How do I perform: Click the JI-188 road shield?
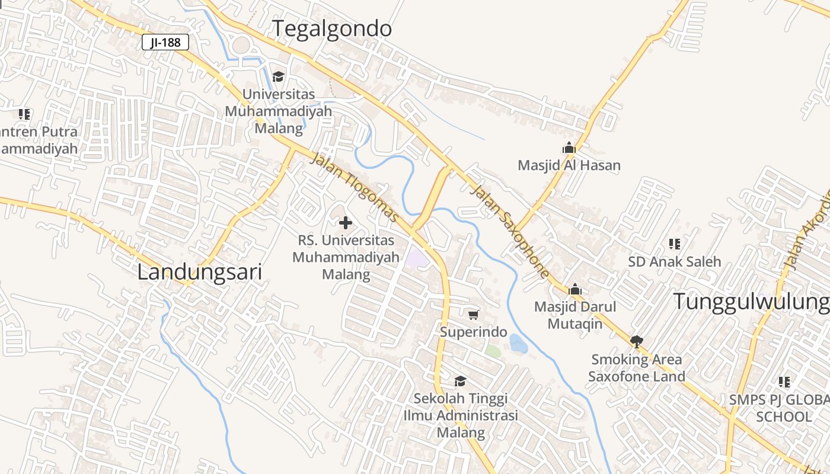tap(165, 42)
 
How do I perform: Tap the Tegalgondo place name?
tap(332, 28)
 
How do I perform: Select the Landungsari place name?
tap(199, 273)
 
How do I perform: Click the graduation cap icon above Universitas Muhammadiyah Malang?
tap(278, 76)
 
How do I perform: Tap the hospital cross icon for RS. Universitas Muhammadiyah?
tap(346, 223)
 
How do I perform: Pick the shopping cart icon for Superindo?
tap(473, 315)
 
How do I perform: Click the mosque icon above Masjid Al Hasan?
tap(569, 148)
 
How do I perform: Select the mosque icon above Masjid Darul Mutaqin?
tap(574, 290)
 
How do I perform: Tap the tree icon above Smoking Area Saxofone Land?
tap(637, 341)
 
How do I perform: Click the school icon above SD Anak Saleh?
tap(674, 244)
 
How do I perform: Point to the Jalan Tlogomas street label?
tap(355, 188)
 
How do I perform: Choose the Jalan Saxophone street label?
tap(509, 230)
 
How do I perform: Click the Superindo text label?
tap(473, 332)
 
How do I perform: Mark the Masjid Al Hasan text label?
tap(569, 165)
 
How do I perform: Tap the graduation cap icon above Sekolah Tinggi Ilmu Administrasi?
tap(460, 381)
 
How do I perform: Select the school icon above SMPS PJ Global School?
tap(784, 382)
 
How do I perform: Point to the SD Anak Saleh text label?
tap(675, 261)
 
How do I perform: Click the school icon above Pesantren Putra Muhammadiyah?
tap(24, 114)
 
